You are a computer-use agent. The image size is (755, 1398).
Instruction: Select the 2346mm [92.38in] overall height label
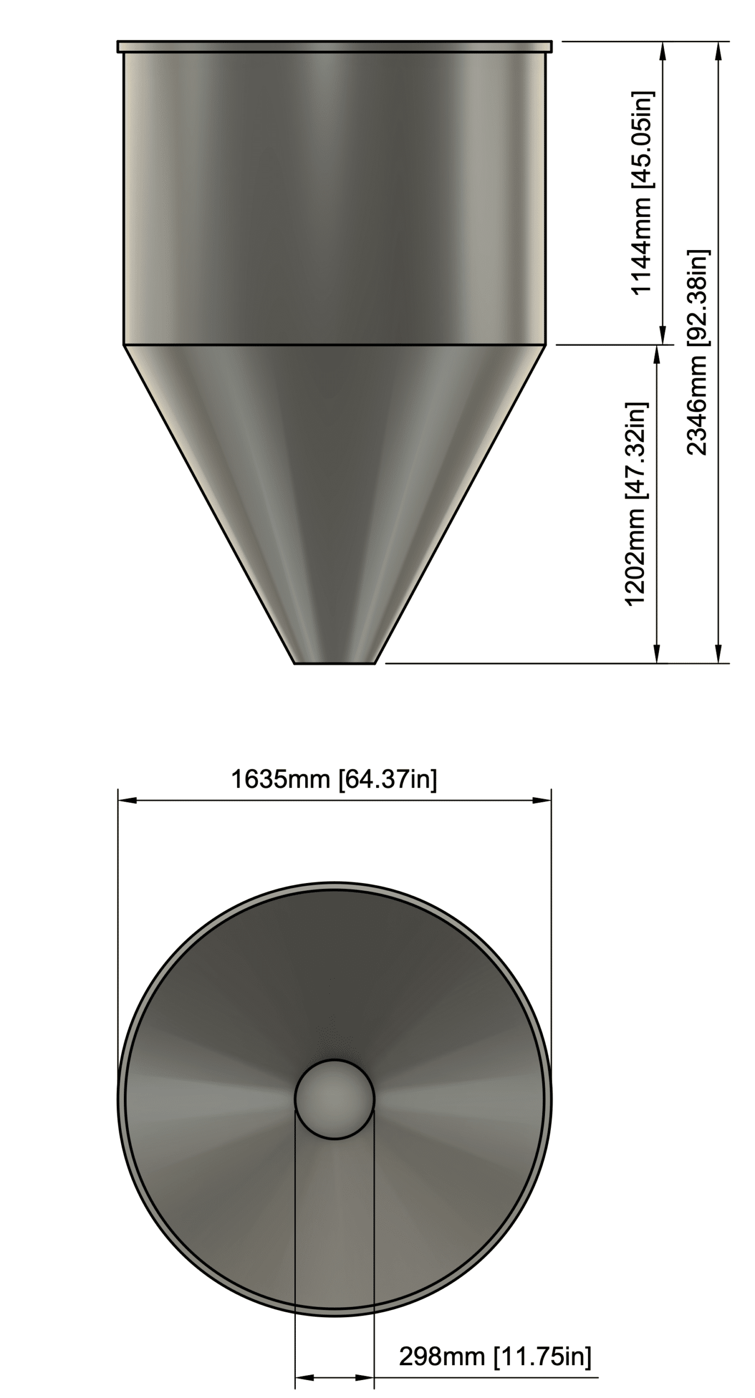point(697,352)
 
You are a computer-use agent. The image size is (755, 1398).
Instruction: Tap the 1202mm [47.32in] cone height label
point(636,503)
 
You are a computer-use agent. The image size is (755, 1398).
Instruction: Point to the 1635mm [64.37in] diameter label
point(334,779)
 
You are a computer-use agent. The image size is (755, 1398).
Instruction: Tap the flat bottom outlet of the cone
point(334,663)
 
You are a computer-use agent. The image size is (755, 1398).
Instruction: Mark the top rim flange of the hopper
point(334,46)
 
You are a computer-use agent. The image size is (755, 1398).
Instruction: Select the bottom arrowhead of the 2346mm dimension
point(718,655)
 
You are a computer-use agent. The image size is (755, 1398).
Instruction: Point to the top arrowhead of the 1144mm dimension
point(663,50)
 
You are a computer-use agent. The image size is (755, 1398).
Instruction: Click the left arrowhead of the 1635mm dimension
point(127,801)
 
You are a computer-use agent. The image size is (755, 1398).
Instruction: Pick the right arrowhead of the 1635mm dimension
point(542,801)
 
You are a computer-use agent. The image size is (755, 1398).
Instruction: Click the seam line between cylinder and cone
point(334,345)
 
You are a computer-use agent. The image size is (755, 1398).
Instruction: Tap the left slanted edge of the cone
point(207,502)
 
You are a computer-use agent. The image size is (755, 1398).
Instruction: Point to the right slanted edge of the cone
point(461,502)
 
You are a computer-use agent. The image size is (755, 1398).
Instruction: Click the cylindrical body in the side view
point(334,197)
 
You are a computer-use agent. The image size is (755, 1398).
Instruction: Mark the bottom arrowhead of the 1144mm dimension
point(663,335)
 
